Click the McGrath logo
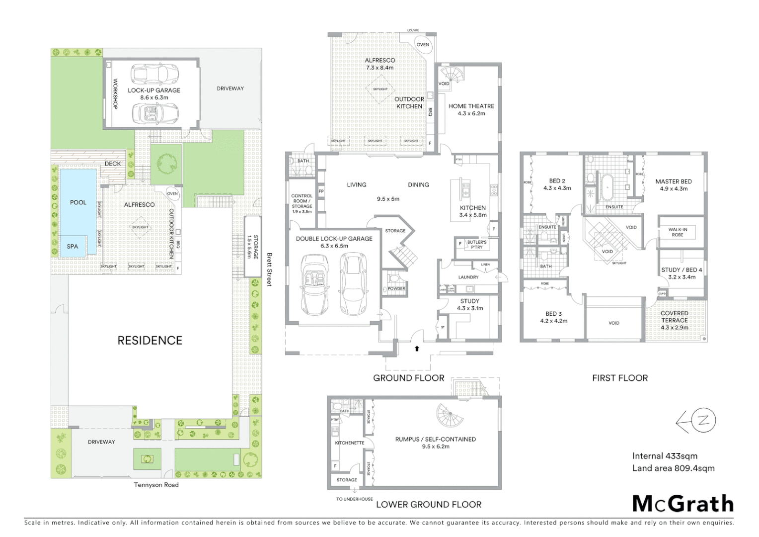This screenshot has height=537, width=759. click(x=683, y=504)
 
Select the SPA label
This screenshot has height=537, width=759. click(x=73, y=247)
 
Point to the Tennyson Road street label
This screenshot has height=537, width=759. click(x=156, y=485)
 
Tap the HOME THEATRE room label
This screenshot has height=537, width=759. click(x=471, y=106)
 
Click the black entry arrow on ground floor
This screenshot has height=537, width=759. click(x=417, y=349)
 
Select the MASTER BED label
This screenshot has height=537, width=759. click(x=674, y=181)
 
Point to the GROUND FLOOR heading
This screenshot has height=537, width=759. click(x=408, y=378)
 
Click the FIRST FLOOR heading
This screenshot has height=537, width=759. click(x=620, y=378)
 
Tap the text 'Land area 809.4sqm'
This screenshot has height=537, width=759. click(x=673, y=468)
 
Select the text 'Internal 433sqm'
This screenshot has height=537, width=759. click(x=665, y=456)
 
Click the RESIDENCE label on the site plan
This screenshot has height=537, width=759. click(x=150, y=341)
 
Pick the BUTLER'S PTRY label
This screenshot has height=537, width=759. click(x=477, y=245)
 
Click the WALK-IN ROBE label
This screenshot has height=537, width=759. click(x=678, y=232)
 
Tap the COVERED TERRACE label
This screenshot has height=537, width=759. click(x=674, y=317)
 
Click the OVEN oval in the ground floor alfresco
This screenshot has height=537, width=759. click(x=422, y=45)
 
